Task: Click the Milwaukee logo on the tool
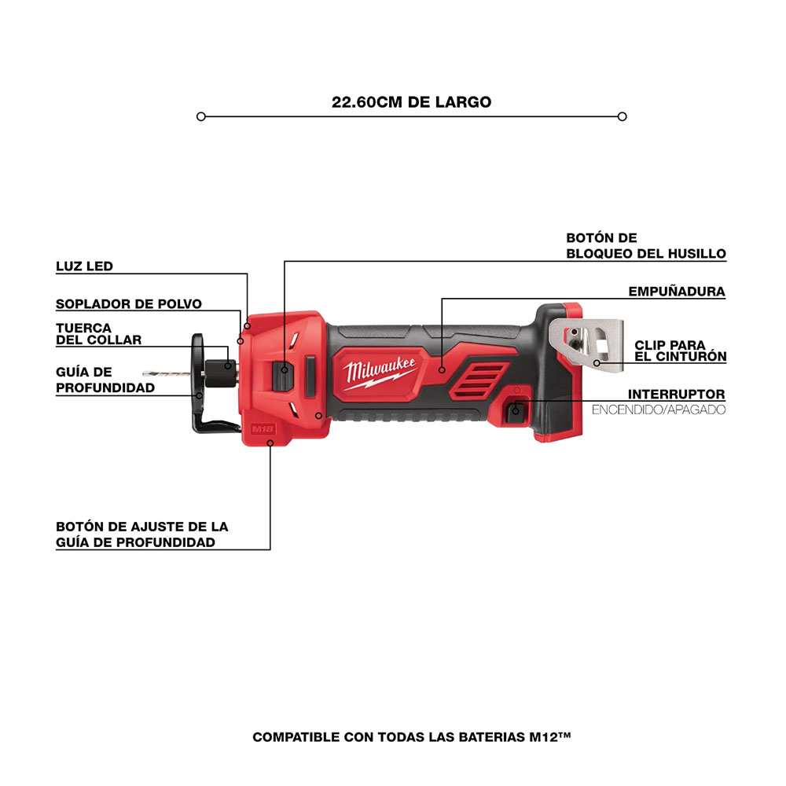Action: tap(379, 373)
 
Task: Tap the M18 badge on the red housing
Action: tap(263, 429)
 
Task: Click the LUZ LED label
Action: tap(84, 266)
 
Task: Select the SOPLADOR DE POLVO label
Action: tap(129, 303)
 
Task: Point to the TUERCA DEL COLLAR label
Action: tap(99, 334)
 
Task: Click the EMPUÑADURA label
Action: tap(677, 292)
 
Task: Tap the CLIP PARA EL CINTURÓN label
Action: tap(680, 351)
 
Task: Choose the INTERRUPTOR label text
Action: tap(676, 395)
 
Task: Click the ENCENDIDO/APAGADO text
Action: tap(659, 410)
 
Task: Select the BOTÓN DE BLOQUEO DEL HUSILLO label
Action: tap(646, 245)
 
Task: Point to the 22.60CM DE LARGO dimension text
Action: tap(412, 101)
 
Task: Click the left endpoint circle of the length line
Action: tap(201, 117)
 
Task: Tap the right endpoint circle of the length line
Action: tap(622, 117)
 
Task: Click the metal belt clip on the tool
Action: tap(586, 345)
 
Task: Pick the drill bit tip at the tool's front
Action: tap(145, 373)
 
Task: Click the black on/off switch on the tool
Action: tap(516, 412)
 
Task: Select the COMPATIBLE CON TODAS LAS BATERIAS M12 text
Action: tap(412, 737)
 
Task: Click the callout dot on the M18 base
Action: tap(270, 443)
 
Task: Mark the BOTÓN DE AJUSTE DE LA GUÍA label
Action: tap(141, 534)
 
